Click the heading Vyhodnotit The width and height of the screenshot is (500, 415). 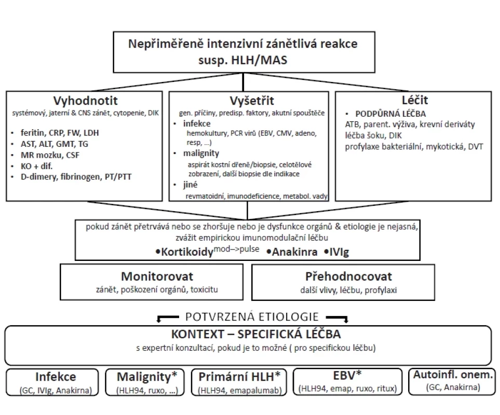tap(86, 101)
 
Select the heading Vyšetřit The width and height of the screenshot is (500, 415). tap(252, 101)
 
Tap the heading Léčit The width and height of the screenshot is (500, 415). tap(414, 100)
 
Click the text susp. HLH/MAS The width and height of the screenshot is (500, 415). tap(242, 60)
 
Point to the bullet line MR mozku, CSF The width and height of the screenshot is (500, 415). tap(50, 155)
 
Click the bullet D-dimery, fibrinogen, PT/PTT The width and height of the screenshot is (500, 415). tap(76, 177)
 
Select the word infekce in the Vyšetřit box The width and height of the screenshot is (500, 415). tap(197, 123)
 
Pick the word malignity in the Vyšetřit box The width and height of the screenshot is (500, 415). tap(201, 154)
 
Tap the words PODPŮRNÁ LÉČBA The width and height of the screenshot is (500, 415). tap(390, 114)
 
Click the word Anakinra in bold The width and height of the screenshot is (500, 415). tap(294, 252)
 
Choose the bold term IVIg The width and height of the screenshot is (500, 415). tap(339, 252)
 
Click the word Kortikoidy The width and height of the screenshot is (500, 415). tap(187, 252)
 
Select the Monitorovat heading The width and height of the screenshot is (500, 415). tap(157, 276)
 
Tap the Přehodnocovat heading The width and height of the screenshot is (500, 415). tap(348, 276)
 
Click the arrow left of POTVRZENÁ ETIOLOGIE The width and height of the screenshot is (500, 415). tap(167, 318)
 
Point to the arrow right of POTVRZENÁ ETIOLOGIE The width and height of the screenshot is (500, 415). tap(337, 318)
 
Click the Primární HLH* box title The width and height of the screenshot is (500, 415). tap(239, 377)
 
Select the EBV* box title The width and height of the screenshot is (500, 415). tap(347, 375)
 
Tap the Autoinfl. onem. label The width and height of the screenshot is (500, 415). tap(453, 375)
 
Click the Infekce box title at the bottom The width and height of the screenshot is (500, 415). tap(56, 377)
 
